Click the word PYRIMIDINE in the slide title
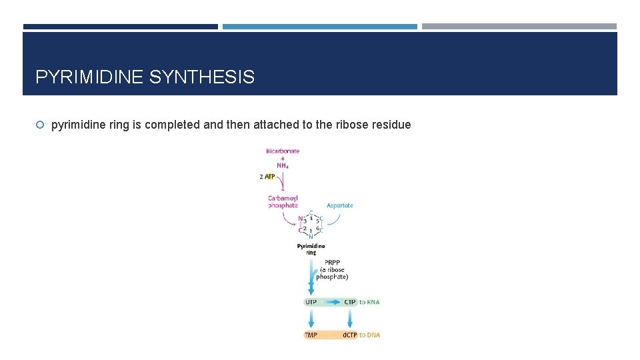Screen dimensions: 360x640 click(89, 77)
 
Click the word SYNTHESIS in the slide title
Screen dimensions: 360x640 click(201, 77)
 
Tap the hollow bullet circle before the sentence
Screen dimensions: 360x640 click(40, 125)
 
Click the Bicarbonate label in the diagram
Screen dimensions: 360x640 click(283, 151)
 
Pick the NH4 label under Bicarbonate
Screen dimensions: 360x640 click(283, 166)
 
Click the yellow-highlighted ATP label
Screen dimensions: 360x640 click(270, 177)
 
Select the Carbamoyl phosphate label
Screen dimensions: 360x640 click(283, 202)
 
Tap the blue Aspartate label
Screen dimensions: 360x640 click(340, 205)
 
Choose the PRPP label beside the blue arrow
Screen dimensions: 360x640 click(332, 262)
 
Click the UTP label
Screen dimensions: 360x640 click(311, 302)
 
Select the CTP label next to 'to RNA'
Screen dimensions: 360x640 click(350, 302)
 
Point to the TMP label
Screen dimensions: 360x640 click(311, 335)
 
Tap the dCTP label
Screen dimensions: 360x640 click(350, 335)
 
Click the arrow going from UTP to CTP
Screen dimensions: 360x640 click(331, 302)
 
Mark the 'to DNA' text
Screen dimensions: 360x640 click(370, 335)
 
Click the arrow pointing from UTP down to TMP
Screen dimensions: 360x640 click(311, 318)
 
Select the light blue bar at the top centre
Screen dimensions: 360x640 click(319, 27)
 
